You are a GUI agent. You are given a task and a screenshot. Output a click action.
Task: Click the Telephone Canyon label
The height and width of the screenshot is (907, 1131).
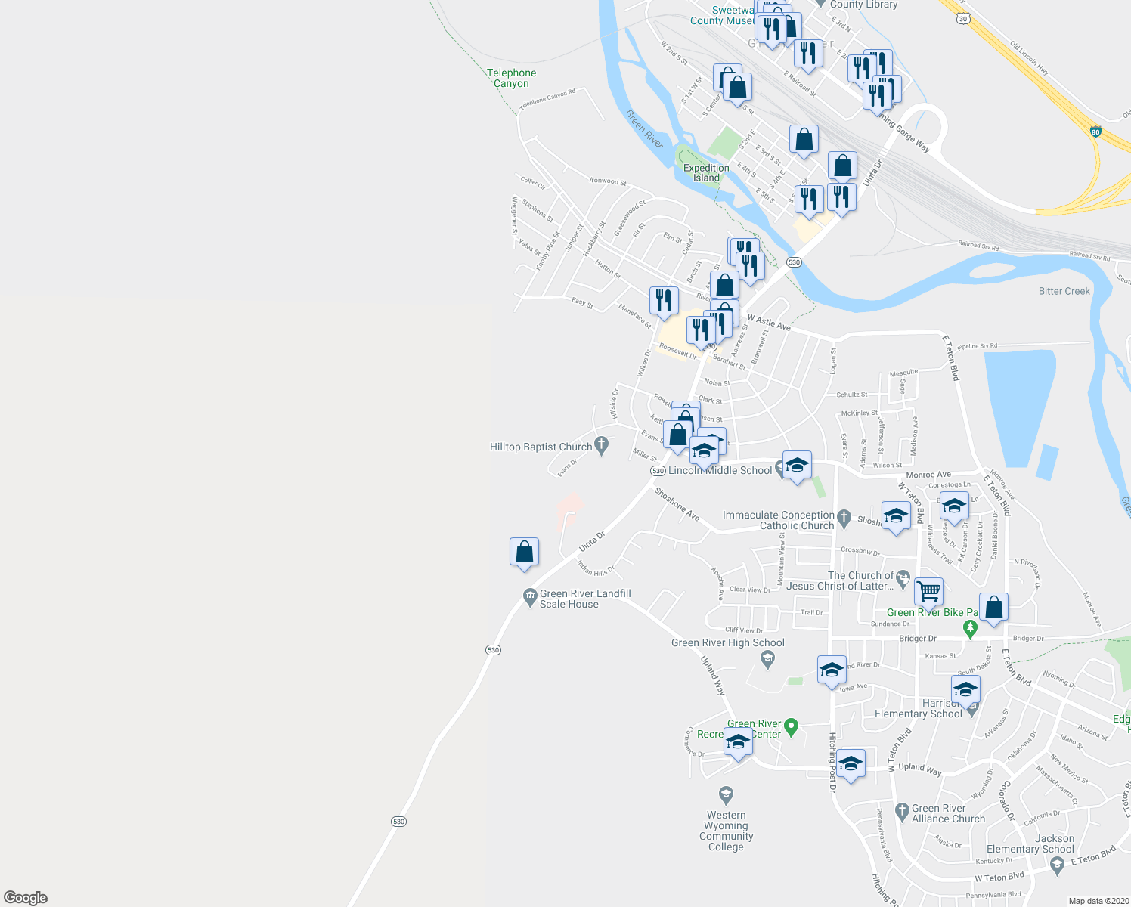point(511,78)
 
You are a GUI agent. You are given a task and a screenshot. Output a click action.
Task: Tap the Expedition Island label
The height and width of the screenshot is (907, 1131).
point(706,173)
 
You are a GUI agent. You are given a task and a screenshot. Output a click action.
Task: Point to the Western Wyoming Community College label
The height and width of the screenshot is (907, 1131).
point(726,831)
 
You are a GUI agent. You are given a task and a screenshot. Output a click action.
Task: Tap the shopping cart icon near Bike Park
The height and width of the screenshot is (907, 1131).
point(928,590)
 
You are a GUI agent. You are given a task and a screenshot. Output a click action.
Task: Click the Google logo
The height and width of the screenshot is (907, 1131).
point(26,897)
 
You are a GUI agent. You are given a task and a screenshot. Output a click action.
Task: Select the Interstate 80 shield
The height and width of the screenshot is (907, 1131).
point(1095,132)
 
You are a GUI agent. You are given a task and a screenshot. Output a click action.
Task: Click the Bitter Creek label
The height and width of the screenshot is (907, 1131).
point(1064,291)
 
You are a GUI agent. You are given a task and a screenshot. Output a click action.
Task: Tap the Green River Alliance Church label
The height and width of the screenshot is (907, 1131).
point(948,813)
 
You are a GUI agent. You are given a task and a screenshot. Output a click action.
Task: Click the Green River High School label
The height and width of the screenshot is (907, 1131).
point(728,643)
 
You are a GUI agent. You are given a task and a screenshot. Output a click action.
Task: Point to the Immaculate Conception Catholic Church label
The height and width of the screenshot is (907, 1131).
point(778,520)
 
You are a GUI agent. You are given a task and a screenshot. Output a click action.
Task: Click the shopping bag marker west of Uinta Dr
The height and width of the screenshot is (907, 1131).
point(524,553)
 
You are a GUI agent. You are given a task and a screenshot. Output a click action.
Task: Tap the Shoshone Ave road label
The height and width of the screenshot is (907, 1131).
point(677,504)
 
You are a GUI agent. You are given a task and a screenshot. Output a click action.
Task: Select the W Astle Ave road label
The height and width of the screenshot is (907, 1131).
point(769,323)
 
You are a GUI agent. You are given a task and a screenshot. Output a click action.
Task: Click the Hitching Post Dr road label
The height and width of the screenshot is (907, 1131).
point(832,762)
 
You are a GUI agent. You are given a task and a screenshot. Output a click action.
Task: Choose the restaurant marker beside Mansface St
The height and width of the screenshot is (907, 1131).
point(663,300)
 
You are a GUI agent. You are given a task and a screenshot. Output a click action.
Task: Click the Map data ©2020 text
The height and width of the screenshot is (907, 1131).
point(1095,901)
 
